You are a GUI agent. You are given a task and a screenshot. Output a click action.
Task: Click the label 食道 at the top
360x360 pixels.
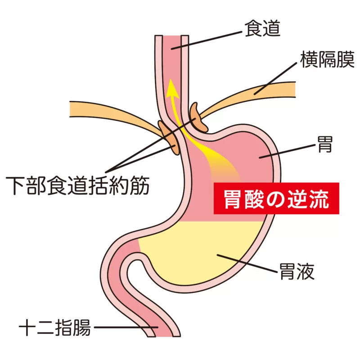pos(262,28)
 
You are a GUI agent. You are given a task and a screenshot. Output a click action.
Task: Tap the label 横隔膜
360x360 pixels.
pos(328,59)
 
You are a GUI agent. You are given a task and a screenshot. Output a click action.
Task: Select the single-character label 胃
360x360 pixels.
pos(324,144)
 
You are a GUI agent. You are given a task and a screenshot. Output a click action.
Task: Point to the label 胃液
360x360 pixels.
pos(297,271)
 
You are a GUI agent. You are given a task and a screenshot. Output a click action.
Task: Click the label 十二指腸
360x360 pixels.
pos(55,328)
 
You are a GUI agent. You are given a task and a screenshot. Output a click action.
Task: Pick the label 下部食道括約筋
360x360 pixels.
pos(77,186)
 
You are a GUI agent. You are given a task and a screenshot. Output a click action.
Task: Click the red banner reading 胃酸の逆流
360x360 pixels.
pos(276,198)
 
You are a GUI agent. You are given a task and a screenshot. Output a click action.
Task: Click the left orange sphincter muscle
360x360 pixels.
pos(168,138)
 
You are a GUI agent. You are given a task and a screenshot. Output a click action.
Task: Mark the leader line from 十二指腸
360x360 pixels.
pos(126,328)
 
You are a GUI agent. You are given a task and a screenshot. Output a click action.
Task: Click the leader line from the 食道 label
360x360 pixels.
pos(207,40)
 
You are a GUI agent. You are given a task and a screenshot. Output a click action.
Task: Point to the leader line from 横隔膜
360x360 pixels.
pos(275,78)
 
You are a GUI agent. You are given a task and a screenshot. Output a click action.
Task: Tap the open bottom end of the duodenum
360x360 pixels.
pos(164,337)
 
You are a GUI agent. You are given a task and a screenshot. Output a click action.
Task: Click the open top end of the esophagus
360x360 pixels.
pos(172,36)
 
